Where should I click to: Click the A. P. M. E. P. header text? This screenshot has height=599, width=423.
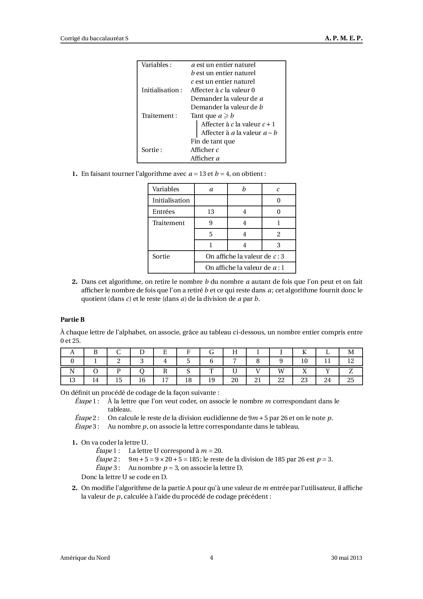tap(344, 38)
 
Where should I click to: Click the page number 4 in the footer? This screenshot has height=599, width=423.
tap(211, 558)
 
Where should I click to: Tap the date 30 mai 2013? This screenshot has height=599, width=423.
tap(346, 558)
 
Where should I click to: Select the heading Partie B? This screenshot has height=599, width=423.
tap(72, 320)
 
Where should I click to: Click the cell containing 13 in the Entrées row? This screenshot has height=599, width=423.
tap(211, 212)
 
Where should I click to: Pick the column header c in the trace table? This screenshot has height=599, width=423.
tap(278, 189)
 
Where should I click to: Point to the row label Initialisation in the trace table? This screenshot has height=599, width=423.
tap(171, 200)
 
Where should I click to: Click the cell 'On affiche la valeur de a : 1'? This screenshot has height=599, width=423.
tap(245, 268)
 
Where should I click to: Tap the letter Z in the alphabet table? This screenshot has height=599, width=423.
tap(351, 371)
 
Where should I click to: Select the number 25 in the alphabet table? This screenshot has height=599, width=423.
tap(351, 380)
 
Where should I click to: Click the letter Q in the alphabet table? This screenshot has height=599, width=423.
tap(142, 371)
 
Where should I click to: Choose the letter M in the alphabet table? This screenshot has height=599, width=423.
tap(351, 352)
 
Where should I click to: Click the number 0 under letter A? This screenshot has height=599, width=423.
tap(72, 361)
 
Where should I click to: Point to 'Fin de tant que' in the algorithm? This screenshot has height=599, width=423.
tap(213, 141)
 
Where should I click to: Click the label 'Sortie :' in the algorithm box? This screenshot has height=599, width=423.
tap(152, 150)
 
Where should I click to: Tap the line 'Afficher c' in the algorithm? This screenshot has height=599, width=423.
tap(205, 150)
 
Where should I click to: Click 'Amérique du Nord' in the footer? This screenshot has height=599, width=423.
tap(85, 558)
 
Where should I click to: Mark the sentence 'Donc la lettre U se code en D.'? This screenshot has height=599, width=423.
tap(124, 477)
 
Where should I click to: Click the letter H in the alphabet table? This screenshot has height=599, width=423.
tap(235, 352)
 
